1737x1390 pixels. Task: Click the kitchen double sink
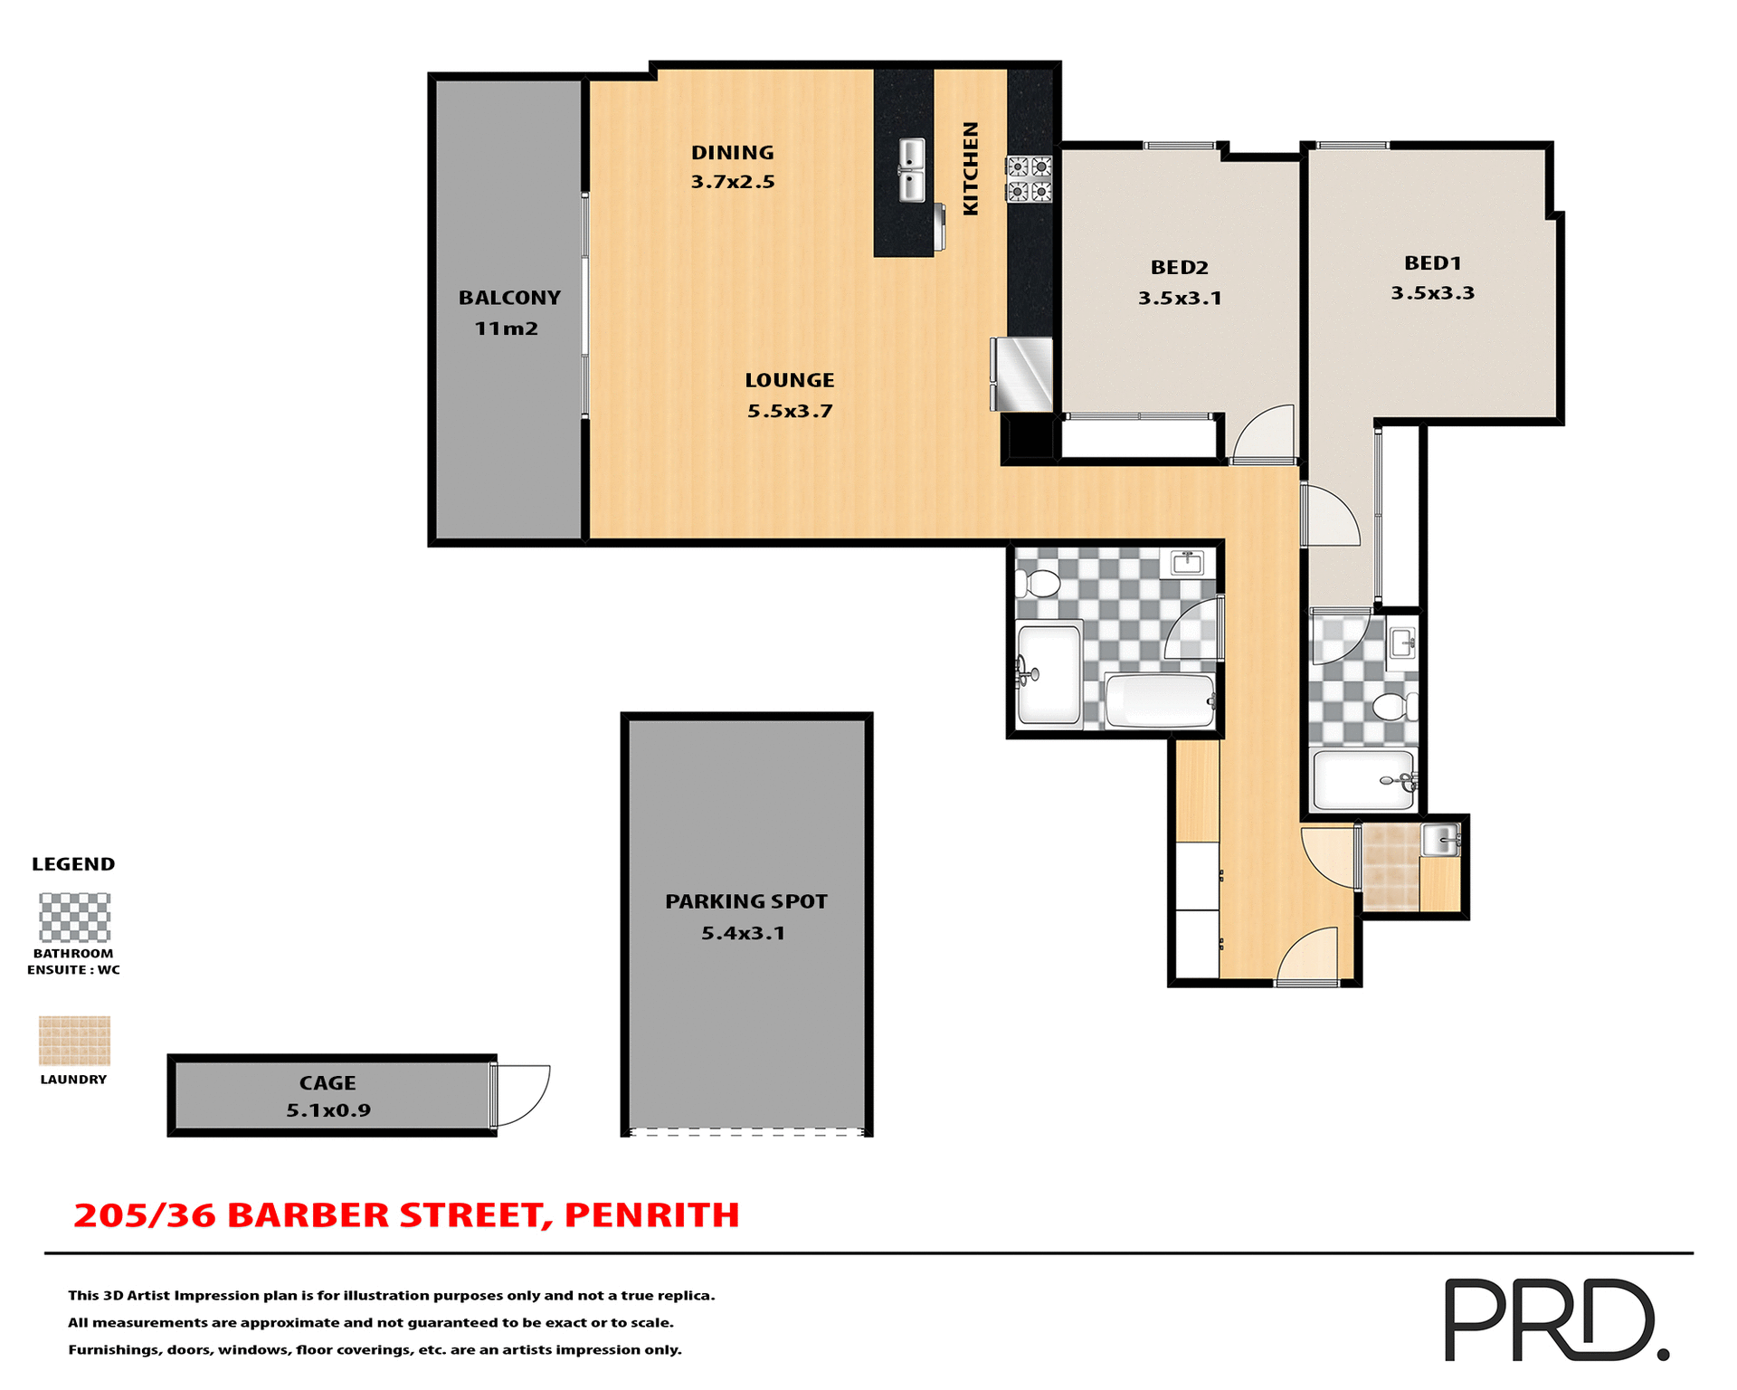912,170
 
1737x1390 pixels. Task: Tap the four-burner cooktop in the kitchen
1030,178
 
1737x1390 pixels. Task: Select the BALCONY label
509,298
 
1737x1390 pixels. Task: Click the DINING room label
733,153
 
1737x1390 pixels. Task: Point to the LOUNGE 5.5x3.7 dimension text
790,411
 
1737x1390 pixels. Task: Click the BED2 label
1179,267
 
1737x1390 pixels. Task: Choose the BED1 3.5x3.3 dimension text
1432,293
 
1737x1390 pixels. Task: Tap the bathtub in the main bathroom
1160,700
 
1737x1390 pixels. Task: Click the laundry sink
1439,840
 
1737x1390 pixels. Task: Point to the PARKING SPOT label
745,901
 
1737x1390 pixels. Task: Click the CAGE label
327,1082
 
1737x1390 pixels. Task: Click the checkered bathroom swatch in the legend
74,918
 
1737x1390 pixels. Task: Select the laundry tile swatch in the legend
74,1041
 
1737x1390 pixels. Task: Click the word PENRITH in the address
651,1215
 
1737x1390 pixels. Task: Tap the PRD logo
1554,1319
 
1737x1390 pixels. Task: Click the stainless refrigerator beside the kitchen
1022,374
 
